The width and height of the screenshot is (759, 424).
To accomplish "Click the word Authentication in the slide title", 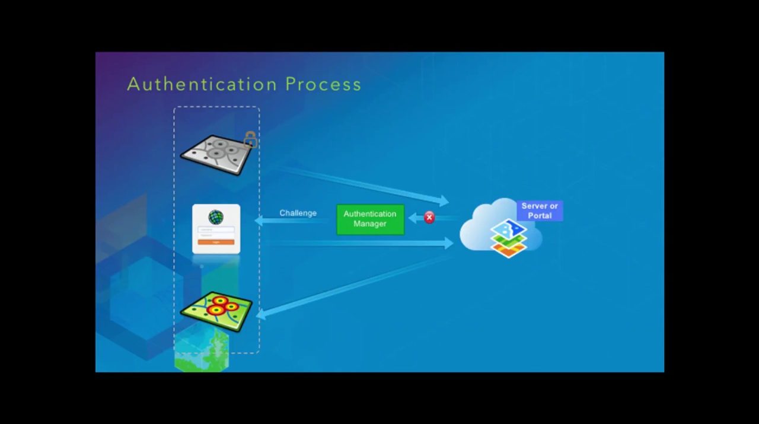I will pyautogui.click(x=202, y=84).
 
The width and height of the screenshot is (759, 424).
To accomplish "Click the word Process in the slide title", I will pyautogui.click(x=323, y=84).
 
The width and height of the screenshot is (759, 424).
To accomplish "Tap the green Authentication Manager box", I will pyautogui.click(x=370, y=219).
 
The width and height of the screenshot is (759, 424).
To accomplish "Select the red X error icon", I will pyautogui.click(x=429, y=218).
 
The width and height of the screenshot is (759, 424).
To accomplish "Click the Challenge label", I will pyautogui.click(x=298, y=213).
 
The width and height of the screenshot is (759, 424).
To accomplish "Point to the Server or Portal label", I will pyautogui.click(x=540, y=211).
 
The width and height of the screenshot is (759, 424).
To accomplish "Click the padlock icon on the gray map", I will pyautogui.click(x=250, y=140).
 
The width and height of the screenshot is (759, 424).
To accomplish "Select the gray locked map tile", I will pyautogui.click(x=216, y=155).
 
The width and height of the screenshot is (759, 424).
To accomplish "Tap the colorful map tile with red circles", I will pyautogui.click(x=216, y=310).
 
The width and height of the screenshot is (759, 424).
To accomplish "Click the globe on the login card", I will pyautogui.click(x=216, y=217).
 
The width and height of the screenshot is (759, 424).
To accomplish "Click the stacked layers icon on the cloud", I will pyautogui.click(x=508, y=238).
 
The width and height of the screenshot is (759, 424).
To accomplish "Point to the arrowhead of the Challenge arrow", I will pyautogui.click(x=260, y=221).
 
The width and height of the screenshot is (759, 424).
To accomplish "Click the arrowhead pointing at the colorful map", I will pyautogui.click(x=261, y=315).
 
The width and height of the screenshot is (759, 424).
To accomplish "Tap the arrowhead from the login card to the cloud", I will pyautogui.click(x=448, y=243).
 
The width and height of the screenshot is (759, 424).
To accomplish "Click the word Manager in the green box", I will pyautogui.click(x=370, y=224).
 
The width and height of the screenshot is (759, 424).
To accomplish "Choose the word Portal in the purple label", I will pyautogui.click(x=540, y=216).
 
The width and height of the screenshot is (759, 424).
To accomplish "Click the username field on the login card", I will pyautogui.click(x=216, y=229).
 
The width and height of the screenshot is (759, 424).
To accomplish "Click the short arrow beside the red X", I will pyautogui.click(x=415, y=218).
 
